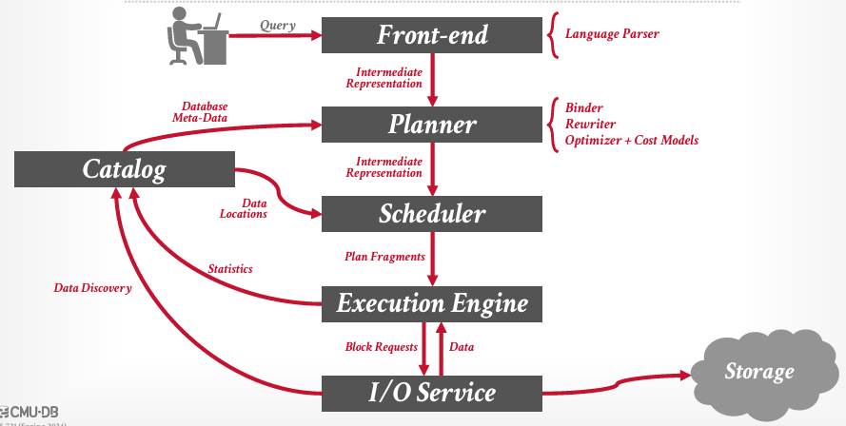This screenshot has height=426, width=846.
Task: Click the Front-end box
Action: point(432,35)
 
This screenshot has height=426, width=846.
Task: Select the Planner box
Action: point(432,125)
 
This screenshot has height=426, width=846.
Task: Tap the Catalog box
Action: point(124,170)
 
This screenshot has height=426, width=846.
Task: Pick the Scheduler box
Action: point(432,214)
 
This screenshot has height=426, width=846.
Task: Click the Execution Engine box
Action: point(432,303)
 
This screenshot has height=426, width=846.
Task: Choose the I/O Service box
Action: point(432,392)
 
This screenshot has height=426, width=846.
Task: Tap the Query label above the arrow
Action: point(277,27)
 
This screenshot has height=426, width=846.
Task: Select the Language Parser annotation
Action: point(612,34)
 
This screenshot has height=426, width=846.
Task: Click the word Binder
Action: point(584,107)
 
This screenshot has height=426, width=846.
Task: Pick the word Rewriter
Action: point(590,124)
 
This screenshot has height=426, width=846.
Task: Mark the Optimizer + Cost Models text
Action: point(632,140)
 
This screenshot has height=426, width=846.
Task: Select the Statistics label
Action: point(230,269)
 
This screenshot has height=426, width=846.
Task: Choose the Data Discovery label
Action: point(92,287)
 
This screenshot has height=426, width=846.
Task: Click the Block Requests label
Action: point(381,347)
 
